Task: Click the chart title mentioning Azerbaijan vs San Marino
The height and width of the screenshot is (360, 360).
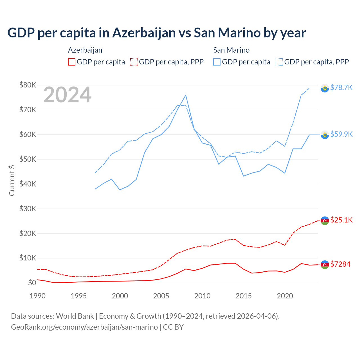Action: [157, 33]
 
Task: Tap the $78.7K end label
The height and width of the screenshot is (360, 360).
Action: [341, 87]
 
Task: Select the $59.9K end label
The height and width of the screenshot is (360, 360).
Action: [341, 134]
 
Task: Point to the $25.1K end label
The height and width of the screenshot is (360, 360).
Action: [341, 220]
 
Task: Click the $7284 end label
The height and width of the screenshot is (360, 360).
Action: [340, 264]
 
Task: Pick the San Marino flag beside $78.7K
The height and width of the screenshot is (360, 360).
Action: [325, 88]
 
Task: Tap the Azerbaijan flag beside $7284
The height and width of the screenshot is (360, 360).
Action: [325, 265]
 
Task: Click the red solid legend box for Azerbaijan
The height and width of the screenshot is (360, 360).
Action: [72, 62]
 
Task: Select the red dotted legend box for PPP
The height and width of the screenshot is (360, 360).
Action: [134, 62]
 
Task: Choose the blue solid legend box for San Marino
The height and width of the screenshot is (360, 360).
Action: [217, 62]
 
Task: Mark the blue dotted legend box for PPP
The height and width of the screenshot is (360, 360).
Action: [279, 62]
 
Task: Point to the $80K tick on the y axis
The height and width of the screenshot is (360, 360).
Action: [28, 85]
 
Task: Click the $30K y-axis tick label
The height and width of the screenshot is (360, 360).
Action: [28, 209]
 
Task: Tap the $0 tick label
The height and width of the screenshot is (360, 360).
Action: [32, 283]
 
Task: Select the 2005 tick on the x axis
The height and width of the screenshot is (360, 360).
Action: [161, 296]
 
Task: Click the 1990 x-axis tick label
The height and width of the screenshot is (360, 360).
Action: [37, 296]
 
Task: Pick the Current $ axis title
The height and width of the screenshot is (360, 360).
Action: [12, 181]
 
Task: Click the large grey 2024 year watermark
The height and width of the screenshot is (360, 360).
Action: [67, 95]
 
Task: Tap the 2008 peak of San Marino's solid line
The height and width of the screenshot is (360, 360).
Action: [186, 95]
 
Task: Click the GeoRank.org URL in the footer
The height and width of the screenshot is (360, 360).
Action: [84, 327]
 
